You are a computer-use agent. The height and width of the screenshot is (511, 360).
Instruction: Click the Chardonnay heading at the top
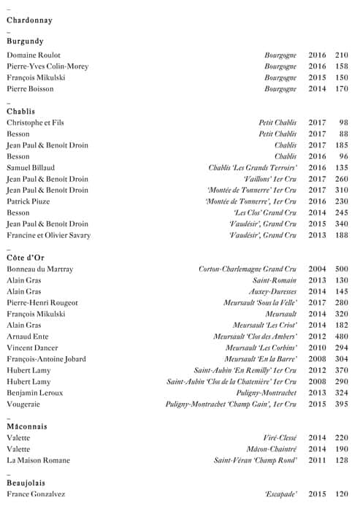[x=29, y=20]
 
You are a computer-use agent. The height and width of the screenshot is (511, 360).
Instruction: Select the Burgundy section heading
[x=25, y=42]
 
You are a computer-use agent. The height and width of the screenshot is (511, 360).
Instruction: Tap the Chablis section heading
[x=21, y=111]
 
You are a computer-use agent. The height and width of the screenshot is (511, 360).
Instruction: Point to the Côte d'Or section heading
[x=26, y=258]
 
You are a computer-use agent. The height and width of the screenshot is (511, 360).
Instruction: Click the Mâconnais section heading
[x=27, y=426]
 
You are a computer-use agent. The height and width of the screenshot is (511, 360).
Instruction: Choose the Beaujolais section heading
[x=27, y=483]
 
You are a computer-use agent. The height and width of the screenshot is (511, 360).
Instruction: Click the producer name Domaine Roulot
[x=34, y=55]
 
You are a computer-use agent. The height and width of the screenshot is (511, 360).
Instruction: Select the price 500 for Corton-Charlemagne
[x=342, y=269]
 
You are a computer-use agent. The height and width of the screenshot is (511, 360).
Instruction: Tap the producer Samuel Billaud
[x=31, y=168]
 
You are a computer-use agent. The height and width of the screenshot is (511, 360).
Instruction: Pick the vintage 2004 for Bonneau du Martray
[x=317, y=269]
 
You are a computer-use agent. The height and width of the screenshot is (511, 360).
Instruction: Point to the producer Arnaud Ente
[x=28, y=337]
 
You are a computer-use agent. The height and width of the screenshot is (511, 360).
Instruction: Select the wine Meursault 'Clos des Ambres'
[x=255, y=337]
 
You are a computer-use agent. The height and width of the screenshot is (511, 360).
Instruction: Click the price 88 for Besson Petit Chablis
[x=344, y=134]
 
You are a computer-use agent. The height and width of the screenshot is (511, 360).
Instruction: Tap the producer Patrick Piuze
[x=30, y=201]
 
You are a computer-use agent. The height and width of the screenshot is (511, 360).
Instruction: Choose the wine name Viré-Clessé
[x=280, y=438]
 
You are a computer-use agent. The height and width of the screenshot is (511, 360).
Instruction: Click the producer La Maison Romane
[x=38, y=461]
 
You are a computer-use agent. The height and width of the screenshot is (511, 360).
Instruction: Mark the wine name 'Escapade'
[x=280, y=495]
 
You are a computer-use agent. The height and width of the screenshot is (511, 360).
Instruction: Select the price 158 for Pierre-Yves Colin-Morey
[x=342, y=66]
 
